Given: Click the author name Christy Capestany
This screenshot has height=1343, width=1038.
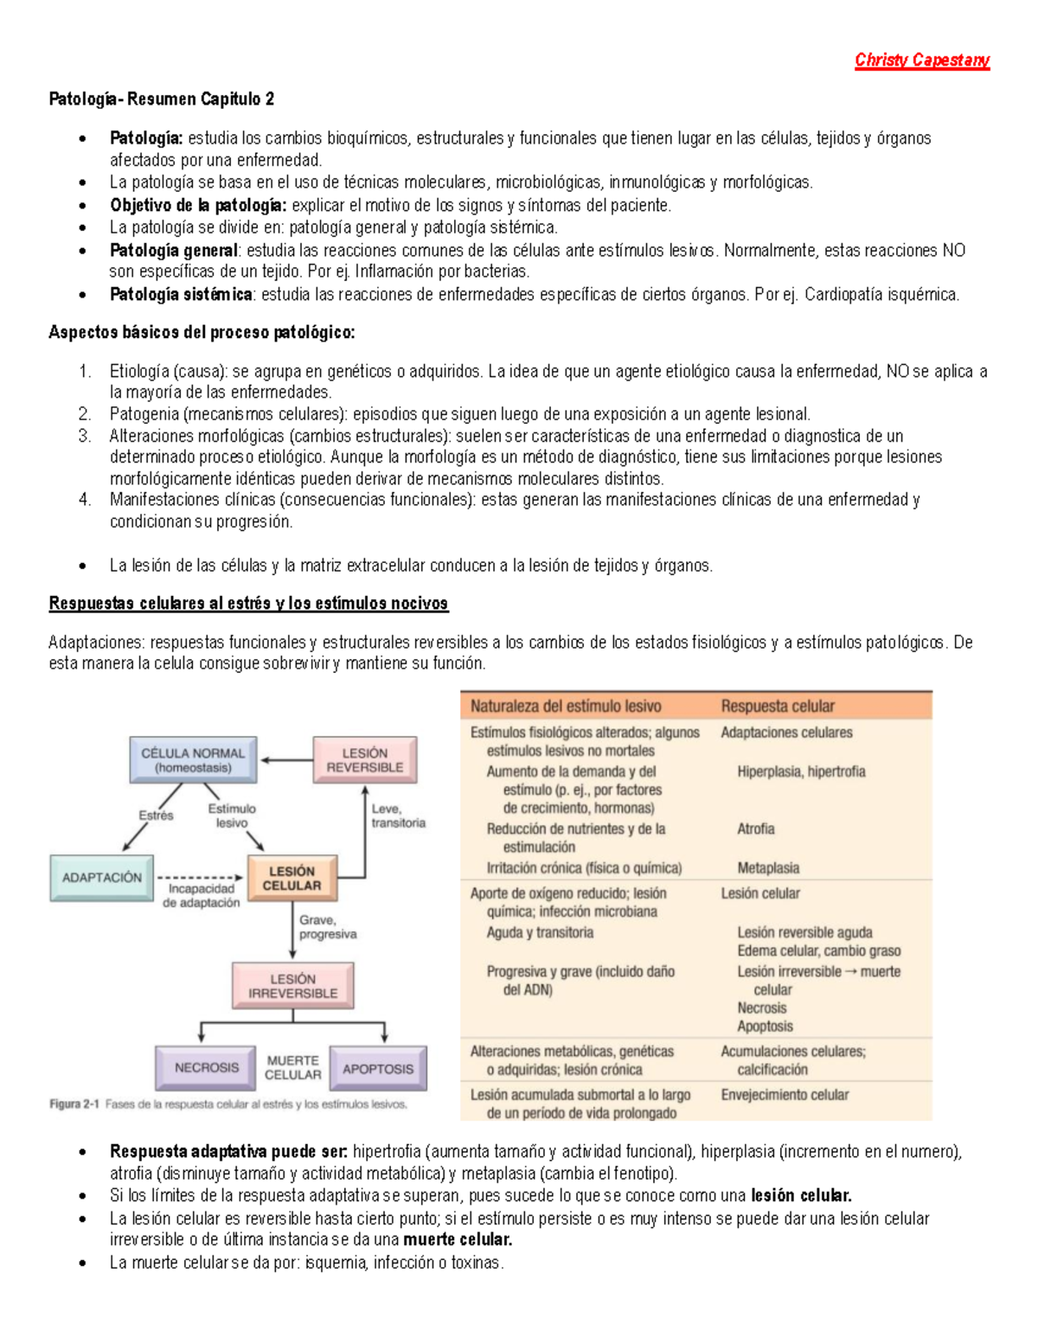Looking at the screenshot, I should [921, 60].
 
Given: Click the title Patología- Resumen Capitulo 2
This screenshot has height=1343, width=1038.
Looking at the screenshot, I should [161, 99].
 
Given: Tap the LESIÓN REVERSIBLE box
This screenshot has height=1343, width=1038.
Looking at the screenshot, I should [364, 760].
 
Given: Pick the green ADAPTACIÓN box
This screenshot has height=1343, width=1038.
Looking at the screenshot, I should [101, 878].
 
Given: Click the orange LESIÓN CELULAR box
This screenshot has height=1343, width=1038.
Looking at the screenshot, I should [292, 879].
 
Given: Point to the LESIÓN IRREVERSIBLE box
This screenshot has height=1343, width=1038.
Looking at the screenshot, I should [292, 986].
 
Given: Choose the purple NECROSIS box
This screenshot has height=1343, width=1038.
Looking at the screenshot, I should [206, 1068].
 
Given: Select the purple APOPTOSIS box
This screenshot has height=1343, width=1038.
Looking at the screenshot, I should [378, 1069].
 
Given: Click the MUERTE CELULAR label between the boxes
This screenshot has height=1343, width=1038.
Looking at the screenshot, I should [292, 1067].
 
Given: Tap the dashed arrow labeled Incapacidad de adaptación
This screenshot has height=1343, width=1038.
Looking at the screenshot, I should [201, 878].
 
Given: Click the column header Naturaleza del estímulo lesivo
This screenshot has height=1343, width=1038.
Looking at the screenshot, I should [566, 706].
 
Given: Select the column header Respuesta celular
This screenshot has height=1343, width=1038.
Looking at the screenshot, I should [778, 706].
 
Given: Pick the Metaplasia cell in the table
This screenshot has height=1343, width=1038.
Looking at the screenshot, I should [768, 867].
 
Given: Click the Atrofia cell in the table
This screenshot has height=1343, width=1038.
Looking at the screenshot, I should [755, 828].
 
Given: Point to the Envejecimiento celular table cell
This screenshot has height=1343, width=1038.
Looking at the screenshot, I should [785, 1095].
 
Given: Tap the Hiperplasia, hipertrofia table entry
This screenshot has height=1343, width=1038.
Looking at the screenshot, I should [801, 771].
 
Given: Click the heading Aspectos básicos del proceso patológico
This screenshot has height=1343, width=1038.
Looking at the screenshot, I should [202, 332].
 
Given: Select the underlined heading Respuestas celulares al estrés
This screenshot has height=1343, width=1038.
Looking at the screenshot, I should [248, 603].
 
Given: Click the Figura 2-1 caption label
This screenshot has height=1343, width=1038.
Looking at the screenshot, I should [74, 1104].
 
